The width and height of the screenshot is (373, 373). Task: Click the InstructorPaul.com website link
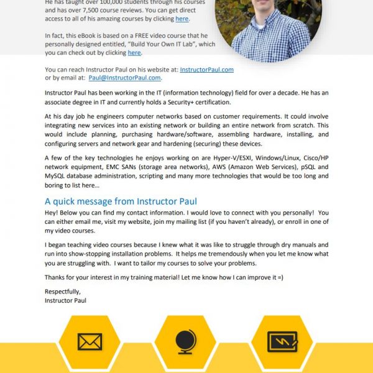(206, 70)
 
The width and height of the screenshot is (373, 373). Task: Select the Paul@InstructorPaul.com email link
(125, 78)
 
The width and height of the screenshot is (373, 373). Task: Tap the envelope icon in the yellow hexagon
(90, 341)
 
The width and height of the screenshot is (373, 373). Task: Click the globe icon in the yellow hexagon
(185, 341)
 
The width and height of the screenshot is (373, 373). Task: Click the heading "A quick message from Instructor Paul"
(121, 201)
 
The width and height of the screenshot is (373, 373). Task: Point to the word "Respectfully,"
(63, 292)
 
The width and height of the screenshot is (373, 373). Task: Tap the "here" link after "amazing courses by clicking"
(182, 19)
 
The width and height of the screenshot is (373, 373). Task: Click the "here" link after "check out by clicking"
(134, 53)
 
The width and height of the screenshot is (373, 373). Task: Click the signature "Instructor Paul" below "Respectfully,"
(66, 300)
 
